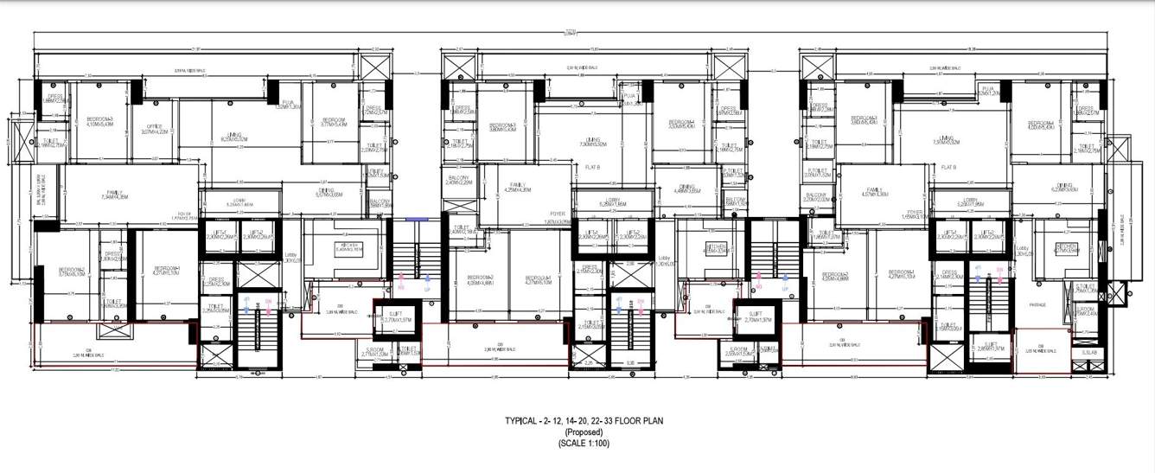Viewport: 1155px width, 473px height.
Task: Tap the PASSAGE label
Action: pyautogui.click(x=1038, y=304)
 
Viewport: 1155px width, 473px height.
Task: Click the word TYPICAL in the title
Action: pyautogui.click(x=523, y=421)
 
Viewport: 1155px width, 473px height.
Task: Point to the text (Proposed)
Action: pyautogui.click(x=577, y=431)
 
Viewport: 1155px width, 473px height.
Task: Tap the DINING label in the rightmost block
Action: pyautogui.click(x=1060, y=186)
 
